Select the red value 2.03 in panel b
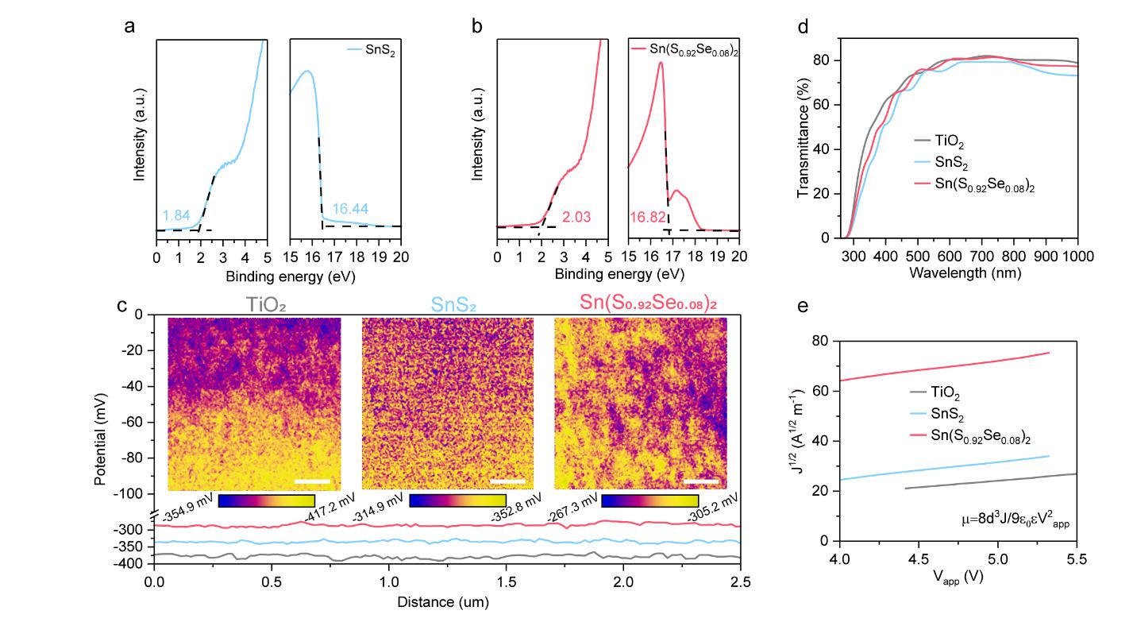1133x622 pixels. (577, 216)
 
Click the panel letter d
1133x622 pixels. (803, 27)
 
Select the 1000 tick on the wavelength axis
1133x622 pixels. (1077, 255)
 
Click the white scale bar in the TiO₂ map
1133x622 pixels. (312, 481)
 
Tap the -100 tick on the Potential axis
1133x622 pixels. (132, 494)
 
